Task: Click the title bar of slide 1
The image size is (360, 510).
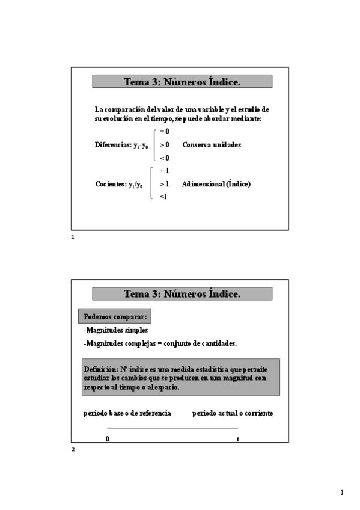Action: click(x=182, y=81)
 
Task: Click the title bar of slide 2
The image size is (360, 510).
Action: click(x=182, y=293)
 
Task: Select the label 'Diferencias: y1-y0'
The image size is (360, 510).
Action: click(x=121, y=145)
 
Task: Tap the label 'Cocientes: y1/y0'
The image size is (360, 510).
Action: click(x=119, y=184)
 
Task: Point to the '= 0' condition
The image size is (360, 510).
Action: click(x=164, y=131)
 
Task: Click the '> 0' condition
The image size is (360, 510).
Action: click(x=164, y=145)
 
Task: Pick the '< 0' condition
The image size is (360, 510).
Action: click(x=164, y=158)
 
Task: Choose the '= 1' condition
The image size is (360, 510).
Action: click(x=164, y=171)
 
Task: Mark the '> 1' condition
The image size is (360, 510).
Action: click(x=164, y=184)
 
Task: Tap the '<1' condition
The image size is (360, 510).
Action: click(x=163, y=197)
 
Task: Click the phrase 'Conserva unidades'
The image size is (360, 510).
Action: click(x=212, y=145)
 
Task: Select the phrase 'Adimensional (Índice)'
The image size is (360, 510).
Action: click(x=216, y=184)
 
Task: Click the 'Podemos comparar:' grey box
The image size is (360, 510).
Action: click(x=115, y=316)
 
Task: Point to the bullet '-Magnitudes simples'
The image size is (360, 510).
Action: click(x=115, y=330)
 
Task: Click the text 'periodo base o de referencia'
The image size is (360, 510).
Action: click(x=127, y=413)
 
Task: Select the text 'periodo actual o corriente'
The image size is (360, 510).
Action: click(x=233, y=413)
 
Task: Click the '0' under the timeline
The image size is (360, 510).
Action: click(x=108, y=439)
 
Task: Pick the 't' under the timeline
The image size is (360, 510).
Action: click(x=238, y=439)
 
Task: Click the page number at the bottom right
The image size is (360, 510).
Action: click(x=341, y=493)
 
